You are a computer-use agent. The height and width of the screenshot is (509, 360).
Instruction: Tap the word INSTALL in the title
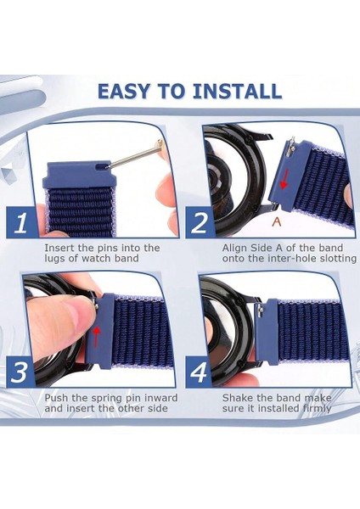coord(237,92)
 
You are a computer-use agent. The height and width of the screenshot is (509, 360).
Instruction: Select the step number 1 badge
coord(22,223)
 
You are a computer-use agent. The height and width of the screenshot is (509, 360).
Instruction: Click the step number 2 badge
coord(200,223)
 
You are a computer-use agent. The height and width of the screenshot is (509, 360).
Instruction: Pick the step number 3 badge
coord(20,372)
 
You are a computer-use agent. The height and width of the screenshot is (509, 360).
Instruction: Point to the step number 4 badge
coord(199,372)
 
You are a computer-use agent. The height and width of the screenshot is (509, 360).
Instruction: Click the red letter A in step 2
coord(277,221)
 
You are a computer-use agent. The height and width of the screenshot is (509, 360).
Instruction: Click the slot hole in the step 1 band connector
coord(103,166)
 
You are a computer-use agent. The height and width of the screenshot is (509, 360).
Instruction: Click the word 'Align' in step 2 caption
coord(235,248)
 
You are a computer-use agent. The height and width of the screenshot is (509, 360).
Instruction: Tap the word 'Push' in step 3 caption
coord(56,398)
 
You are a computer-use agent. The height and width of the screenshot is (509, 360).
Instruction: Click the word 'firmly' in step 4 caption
coord(317,408)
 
